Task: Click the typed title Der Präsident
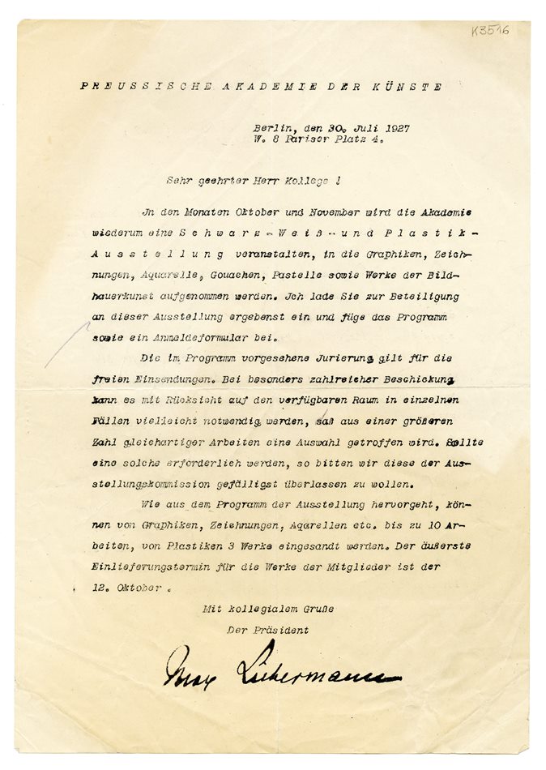click(268, 629)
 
